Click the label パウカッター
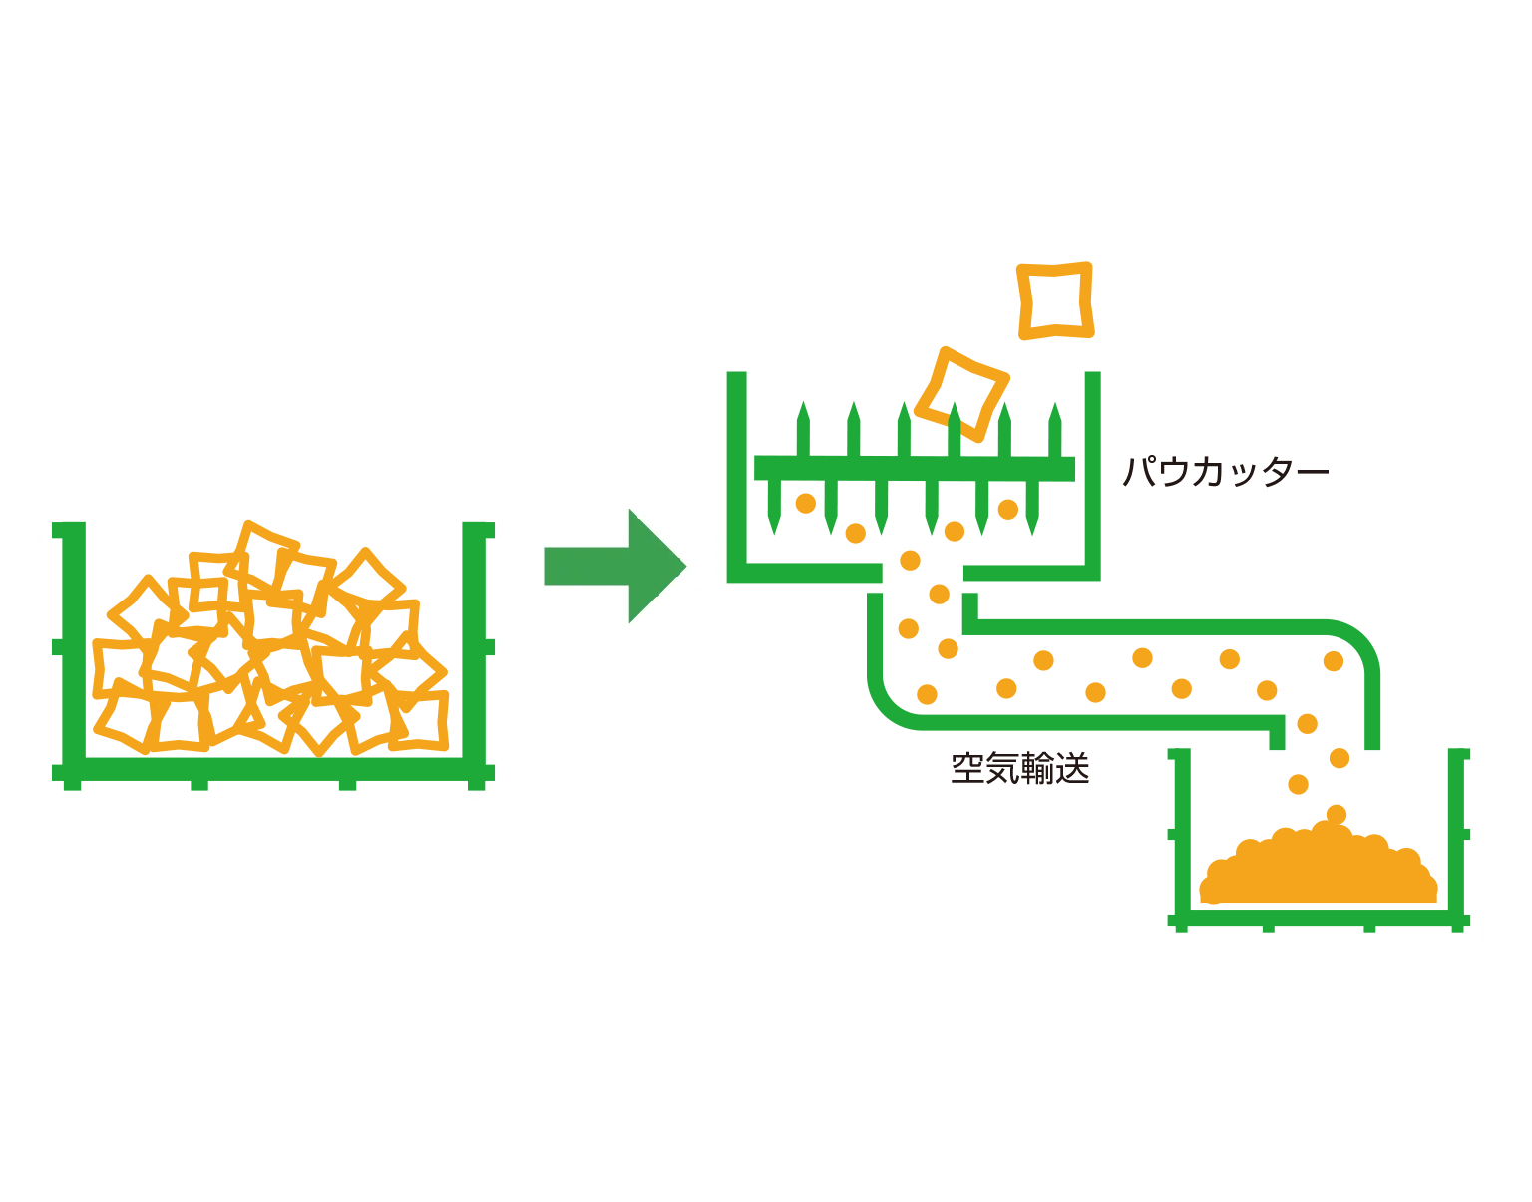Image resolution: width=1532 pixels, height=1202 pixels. pyautogui.click(x=1225, y=471)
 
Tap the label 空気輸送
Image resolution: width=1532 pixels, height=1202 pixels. pyautogui.click(x=1019, y=769)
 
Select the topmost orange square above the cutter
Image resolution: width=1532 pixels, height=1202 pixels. pyautogui.click(x=1054, y=300)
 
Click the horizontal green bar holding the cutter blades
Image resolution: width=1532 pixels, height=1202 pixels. pyautogui.click(x=914, y=468)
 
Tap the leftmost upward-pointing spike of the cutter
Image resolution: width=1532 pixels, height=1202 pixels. pyautogui.click(x=803, y=429)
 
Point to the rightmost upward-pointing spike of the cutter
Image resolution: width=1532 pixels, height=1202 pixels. pyautogui.click(x=1055, y=429)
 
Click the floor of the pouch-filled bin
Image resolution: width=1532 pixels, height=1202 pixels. pyautogui.click(x=273, y=769)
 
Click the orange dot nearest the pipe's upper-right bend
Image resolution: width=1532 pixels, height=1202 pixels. pyautogui.click(x=1334, y=661)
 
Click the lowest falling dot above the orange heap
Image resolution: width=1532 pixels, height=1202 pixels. pyautogui.click(x=1337, y=815)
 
